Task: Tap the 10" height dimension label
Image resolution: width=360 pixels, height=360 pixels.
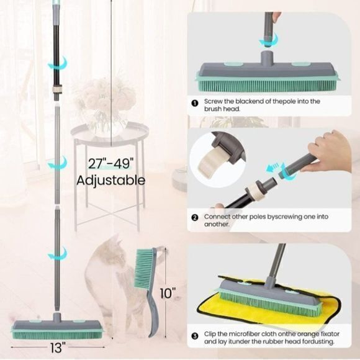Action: [x=168, y=293]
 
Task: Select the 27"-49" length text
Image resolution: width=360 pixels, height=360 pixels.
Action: [x=111, y=164]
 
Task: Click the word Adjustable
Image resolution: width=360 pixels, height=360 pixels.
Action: [x=110, y=180]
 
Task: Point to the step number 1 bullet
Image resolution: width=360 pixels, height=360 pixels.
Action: [x=195, y=104]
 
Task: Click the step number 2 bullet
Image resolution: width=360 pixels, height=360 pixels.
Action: [x=195, y=217]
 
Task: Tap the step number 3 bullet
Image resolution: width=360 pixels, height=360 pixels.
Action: [x=195, y=336]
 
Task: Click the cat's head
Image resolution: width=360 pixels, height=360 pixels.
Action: [x=112, y=248]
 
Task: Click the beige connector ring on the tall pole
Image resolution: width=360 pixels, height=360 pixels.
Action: [x=57, y=89]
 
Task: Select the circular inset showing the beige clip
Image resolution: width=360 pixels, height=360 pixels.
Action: [x=217, y=159]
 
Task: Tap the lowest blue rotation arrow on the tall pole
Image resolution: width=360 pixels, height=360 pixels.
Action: [x=57, y=254]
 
